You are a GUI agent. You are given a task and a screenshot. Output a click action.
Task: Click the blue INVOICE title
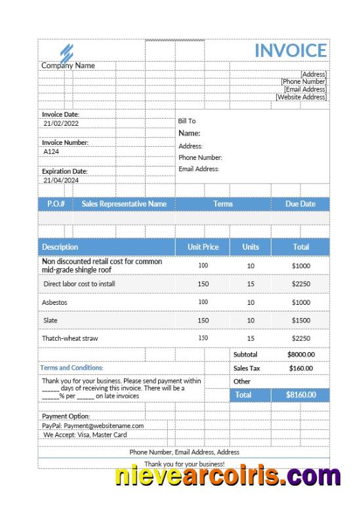pyautogui.click(x=290, y=50)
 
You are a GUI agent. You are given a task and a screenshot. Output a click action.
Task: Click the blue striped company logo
pyautogui.click(x=66, y=52)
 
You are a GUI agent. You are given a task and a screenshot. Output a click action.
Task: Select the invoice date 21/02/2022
pyautogui.click(x=61, y=123)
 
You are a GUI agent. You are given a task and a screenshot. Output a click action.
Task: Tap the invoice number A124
pyautogui.click(x=51, y=151)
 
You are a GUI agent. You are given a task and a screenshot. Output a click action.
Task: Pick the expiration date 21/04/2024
pyautogui.click(x=61, y=180)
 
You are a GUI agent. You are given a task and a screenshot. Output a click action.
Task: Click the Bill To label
pyautogui.click(x=187, y=121)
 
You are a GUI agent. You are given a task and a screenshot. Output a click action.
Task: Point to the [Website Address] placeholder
pyautogui.click(x=301, y=97)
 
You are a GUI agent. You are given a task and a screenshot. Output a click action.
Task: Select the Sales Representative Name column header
pyautogui.click(x=124, y=204)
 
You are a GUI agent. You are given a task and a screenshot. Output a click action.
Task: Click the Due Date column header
pyautogui.click(x=300, y=204)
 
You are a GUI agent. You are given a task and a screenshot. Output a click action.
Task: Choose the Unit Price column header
pyautogui.click(x=203, y=247)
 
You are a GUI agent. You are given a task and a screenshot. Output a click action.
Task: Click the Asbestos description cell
pyautogui.click(x=54, y=302)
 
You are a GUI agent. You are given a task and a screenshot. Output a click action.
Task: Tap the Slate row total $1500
pyautogui.click(x=301, y=321)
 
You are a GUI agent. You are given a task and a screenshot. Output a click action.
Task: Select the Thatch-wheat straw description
pyautogui.click(x=70, y=338)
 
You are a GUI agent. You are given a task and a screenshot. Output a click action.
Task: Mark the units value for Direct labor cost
pyautogui.click(x=250, y=284)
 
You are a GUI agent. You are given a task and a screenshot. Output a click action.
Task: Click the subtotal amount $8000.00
pyautogui.click(x=301, y=355)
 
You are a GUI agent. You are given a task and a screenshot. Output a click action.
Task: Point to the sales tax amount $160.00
pyautogui.click(x=301, y=368)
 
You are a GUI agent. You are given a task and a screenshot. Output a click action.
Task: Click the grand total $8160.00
pyautogui.click(x=301, y=395)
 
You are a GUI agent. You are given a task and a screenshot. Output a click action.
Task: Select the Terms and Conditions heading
pyautogui.click(x=71, y=368)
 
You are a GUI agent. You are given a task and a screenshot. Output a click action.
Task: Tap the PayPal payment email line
pyautogui.click(x=92, y=425)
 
